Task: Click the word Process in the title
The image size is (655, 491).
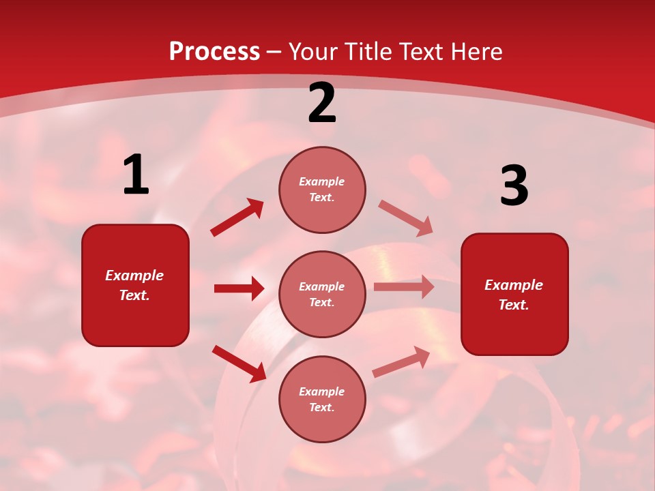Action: tap(214, 51)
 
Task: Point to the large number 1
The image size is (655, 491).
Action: tap(136, 175)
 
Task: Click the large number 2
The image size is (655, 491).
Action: tap(322, 104)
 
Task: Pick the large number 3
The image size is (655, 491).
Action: tap(514, 186)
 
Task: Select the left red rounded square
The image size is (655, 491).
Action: tap(135, 285)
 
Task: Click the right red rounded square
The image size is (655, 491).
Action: tap(514, 295)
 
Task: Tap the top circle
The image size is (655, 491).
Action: tap(322, 190)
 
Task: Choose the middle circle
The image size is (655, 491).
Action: tap(322, 294)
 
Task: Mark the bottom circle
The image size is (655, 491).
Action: tap(322, 399)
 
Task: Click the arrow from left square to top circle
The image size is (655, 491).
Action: tap(237, 218)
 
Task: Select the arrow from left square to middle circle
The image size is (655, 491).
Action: tap(239, 288)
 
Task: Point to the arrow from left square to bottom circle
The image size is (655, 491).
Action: tap(239, 363)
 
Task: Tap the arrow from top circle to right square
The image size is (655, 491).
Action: tap(406, 218)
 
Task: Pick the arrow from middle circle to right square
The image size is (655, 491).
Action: tap(404, 287)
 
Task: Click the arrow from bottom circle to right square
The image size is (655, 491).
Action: tap(401, 362)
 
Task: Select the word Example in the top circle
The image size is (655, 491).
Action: tap(322, 181)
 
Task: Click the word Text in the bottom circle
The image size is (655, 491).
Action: tap(321, 407)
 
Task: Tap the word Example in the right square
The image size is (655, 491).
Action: tap(514, 285)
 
